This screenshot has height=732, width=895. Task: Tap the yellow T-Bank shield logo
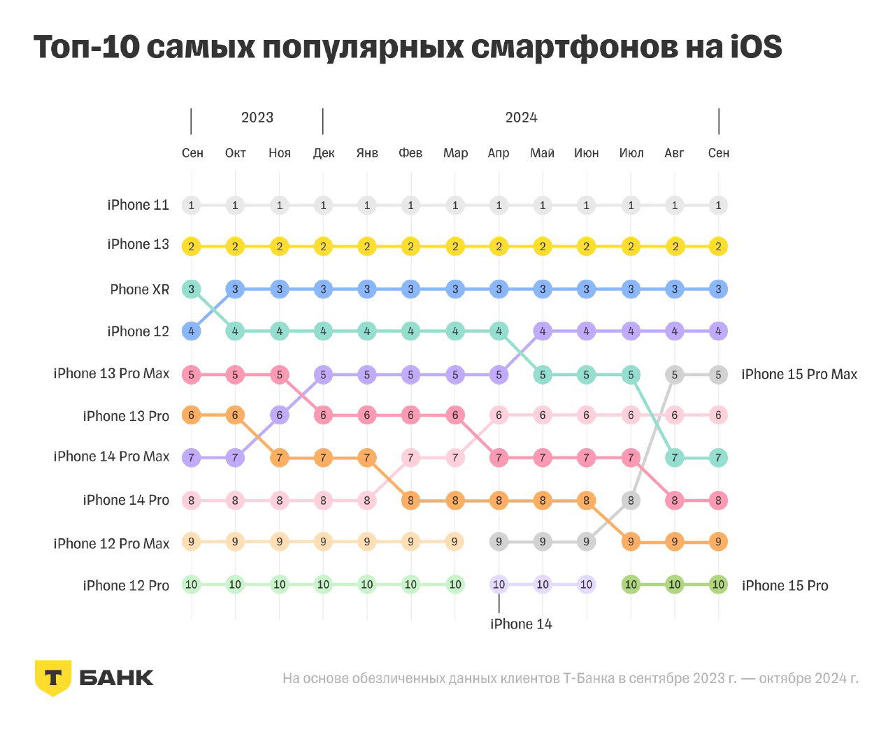click(52, 677)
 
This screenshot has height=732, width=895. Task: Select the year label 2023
click(257, 117)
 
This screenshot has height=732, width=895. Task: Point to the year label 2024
click(521, 117)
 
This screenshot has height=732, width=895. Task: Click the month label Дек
click(323, 153)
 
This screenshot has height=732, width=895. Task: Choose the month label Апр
click(499, 153)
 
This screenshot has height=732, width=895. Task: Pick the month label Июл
click(631, 153)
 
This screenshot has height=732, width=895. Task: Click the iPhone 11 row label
click(138, 205)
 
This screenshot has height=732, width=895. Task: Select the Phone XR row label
click(139, 289)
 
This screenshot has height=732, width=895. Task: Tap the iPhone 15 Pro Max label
click(799, 375)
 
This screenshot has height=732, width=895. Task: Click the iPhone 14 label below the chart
click(521, 624)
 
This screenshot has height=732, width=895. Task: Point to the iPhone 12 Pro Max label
click(111, 544)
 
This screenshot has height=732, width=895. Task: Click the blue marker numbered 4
click(191, 331)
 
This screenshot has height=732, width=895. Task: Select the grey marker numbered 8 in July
click(631, 501)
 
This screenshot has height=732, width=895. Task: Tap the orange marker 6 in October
click(235, 415)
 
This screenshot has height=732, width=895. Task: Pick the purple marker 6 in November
click(279, 415)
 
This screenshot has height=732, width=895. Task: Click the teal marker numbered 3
click(191, 289)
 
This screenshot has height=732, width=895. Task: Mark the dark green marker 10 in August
click(674, 584)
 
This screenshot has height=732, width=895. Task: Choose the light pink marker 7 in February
click(410, 458)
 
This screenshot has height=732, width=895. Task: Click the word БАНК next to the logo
click(116, 677)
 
